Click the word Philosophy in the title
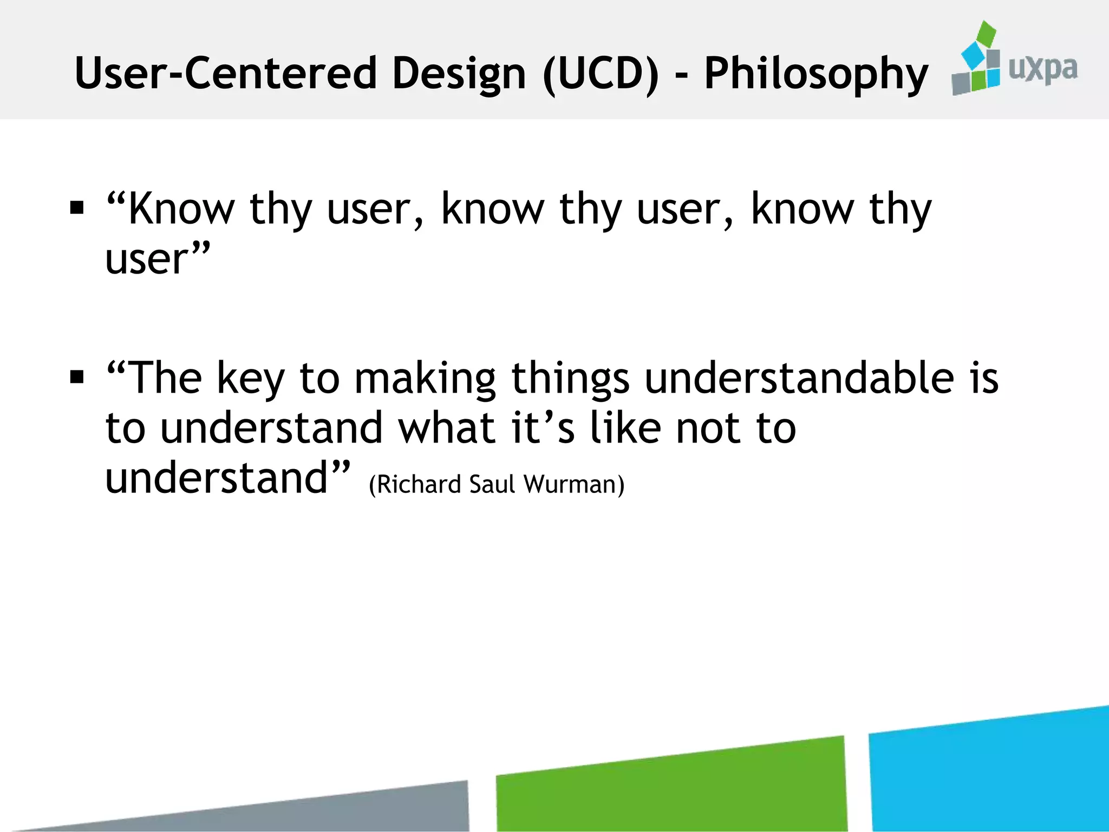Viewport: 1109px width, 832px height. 816,74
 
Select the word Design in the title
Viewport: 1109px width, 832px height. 459,74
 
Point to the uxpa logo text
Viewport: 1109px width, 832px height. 1042,69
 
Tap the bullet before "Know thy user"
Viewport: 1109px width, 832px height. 77,208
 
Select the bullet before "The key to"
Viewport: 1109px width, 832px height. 77,376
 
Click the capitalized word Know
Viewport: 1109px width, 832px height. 181,209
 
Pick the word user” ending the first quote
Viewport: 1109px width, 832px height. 157,258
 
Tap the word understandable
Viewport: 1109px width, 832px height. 799,378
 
